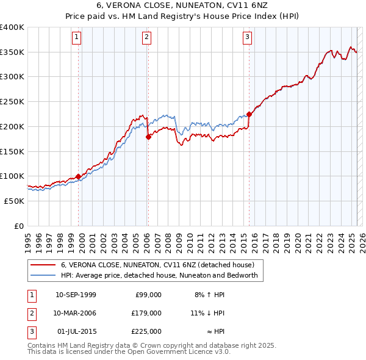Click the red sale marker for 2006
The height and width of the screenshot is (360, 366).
(148, 137)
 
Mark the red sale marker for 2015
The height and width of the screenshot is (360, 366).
(249, 114)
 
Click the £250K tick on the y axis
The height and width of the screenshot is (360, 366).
(12, 101)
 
